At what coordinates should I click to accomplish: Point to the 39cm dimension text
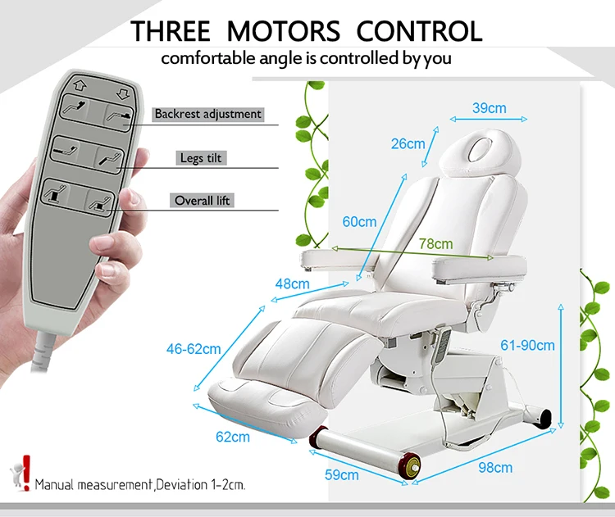(x=489, y=107)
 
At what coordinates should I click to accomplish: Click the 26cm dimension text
(x=408, y=144)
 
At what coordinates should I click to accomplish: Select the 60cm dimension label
(x=359, y=221)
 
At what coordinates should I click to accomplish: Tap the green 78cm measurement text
(x=435, y=243)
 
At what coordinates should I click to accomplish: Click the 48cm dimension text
(x=292, y=284)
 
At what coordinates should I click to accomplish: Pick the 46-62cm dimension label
(x=193, y=348)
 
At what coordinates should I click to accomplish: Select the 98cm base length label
(x=494, y=468)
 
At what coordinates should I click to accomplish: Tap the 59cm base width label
(x=343, y=474)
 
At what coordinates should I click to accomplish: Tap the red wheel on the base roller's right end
(x=411, y=467)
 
